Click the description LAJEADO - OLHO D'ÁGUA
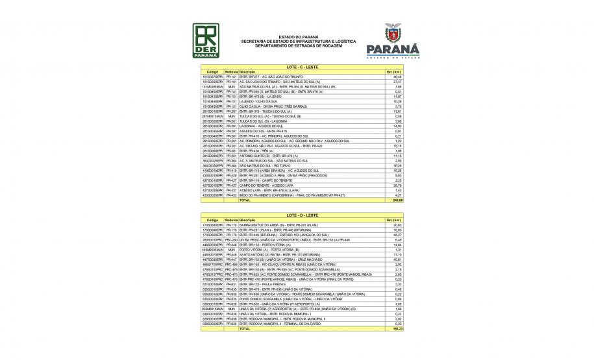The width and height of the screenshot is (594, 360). click(258, 101)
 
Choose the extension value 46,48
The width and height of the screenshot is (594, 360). click(398, 77)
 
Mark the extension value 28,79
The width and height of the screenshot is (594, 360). click(398, 185)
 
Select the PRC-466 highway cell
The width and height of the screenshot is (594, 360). click(231, 265)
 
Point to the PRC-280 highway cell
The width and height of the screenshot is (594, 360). click(231, 239)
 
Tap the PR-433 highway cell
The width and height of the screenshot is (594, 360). click(231, 195)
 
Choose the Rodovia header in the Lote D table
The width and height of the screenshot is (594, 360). click(231, 220)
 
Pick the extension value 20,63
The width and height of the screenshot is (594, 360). click(398, 224)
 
